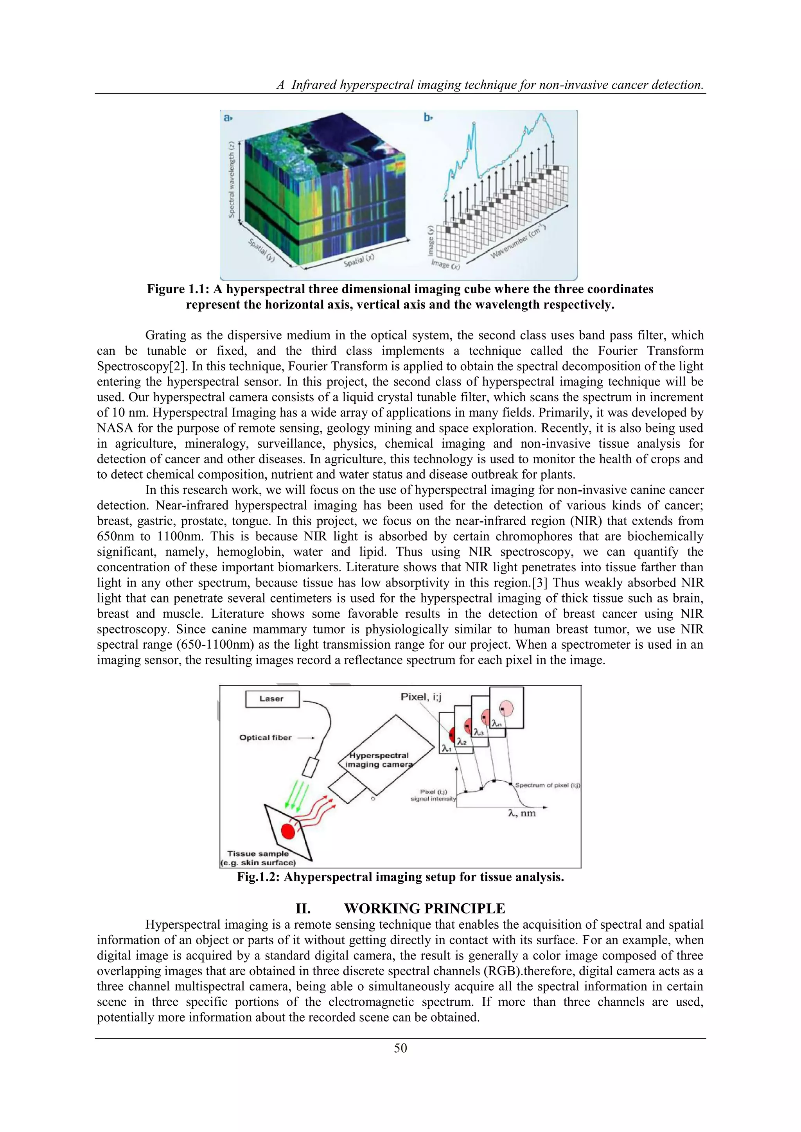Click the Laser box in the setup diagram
272,699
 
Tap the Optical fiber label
265,737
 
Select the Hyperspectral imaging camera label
378,760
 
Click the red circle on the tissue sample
287,832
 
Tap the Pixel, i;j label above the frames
421,697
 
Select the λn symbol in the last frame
497,724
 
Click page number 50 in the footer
400,1048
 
